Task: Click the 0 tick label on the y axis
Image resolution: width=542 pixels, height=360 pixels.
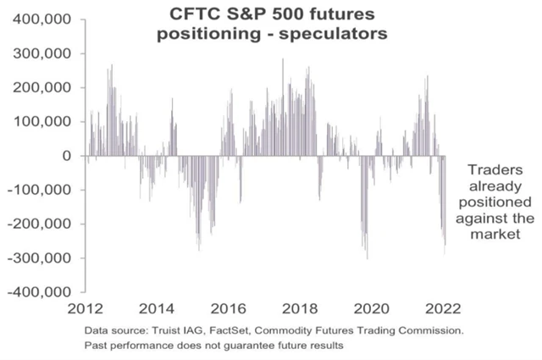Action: click(66, 156)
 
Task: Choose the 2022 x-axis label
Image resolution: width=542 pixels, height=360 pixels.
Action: click(441, 308)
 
